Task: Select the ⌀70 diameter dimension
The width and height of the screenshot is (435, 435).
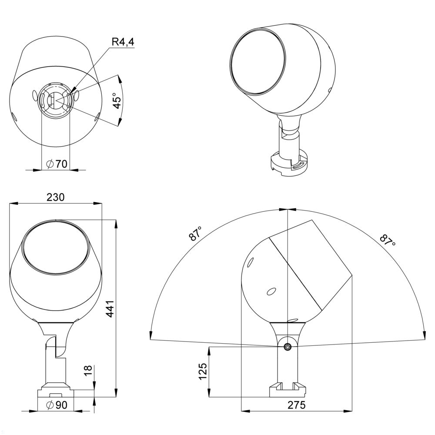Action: [x=57, y=164]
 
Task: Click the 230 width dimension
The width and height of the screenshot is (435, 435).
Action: [x=56, y=197]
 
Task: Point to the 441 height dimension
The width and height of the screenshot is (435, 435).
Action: [x=110, y=308]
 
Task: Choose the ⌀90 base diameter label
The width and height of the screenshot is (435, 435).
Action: [x=57, y=405]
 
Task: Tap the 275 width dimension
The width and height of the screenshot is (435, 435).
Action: [x=296, y=405]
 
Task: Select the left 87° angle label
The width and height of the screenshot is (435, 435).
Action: [x=196, y=234]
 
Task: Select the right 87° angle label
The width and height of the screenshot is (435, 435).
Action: [x=387, y=240]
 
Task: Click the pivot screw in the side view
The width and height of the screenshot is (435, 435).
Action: [x=287, y=346]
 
